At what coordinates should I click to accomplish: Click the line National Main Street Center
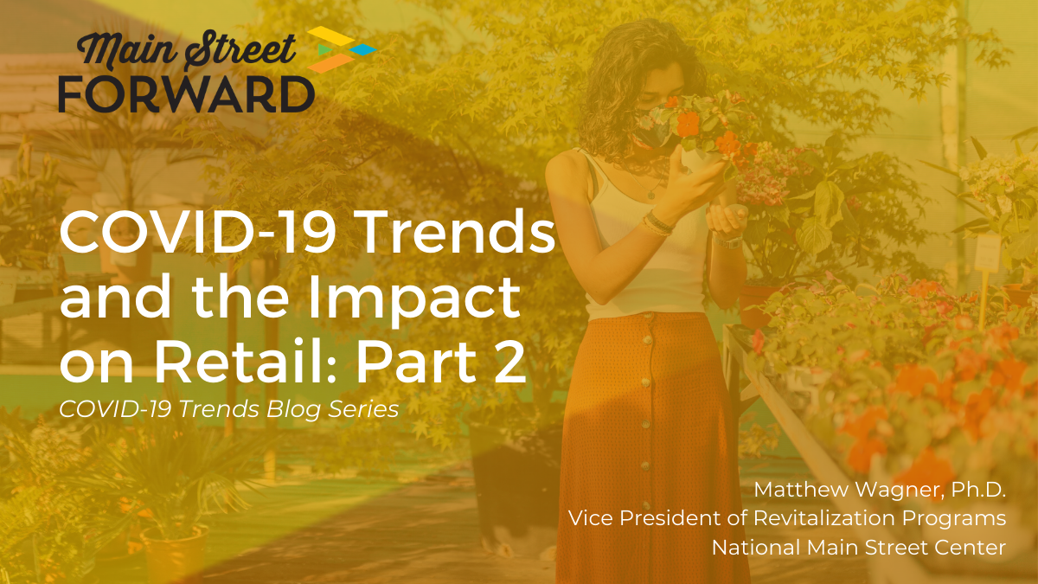point(858,547)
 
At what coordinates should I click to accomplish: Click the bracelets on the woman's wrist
point(657,223)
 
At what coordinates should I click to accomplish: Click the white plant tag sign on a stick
point(986,251)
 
